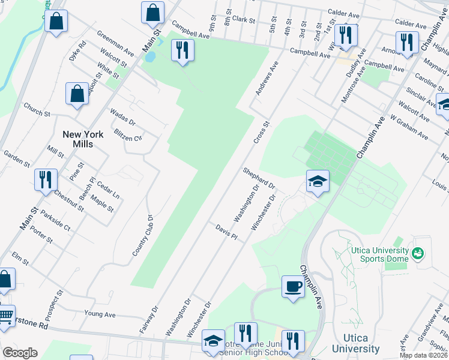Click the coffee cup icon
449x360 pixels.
tap(293, 286)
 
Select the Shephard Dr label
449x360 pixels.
tap(259, 178)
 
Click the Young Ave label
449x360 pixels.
tap(100, 314)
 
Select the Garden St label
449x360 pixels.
tap(17, 158)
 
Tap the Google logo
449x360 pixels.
tap(20, 352)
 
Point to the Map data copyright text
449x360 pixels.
tap(423, 355)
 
